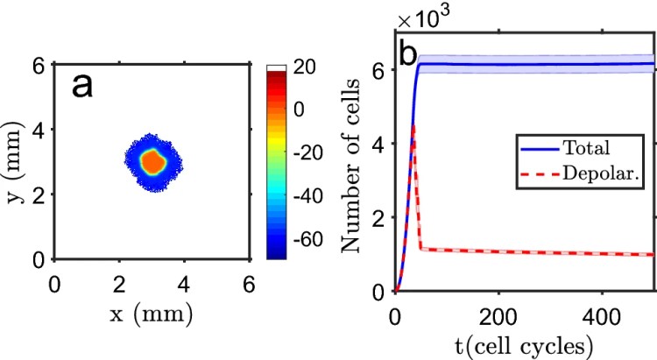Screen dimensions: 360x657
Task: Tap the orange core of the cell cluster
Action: click(153, 161)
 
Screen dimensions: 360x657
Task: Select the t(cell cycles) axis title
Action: click(524, 341)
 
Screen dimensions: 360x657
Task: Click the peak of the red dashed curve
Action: click(413, 128)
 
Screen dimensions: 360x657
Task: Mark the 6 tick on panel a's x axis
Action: click(250, 284)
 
